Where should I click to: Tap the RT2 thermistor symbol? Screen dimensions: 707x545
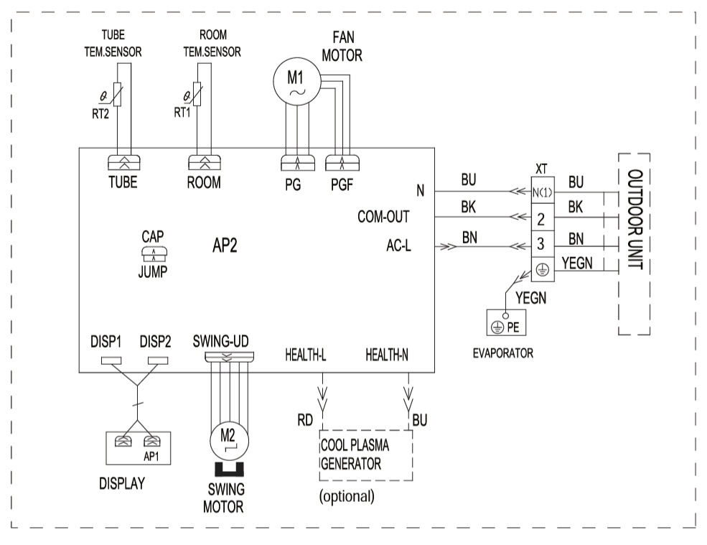(x=117, y=94)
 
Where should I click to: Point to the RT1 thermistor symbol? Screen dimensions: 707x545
(x=197, y=94)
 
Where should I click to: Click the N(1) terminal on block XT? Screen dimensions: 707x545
(x=543, y=192)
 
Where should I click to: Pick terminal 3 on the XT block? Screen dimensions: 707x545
(x=543, y=244)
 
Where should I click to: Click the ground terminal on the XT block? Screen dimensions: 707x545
(x=543, y=270)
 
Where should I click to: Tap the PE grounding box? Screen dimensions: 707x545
(x=506, y=322)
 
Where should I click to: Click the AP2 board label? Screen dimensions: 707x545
(x=225, y=246)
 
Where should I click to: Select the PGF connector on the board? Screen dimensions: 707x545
(x=342, y=163)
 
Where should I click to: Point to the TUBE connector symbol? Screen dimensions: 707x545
(x=124, y=162)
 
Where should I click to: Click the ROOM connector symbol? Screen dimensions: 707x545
(x=205, y=162)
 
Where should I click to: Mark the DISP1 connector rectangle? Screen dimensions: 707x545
(x=111, y=360)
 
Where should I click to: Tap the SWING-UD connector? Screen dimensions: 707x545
(x=230, y=356)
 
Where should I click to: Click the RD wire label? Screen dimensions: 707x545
(x=305, y=421)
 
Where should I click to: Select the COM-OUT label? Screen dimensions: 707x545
(x=383, y=217)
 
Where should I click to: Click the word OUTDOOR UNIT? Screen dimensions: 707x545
(x=635, y=219)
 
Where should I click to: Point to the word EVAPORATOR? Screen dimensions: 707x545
(x=502, y=353)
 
